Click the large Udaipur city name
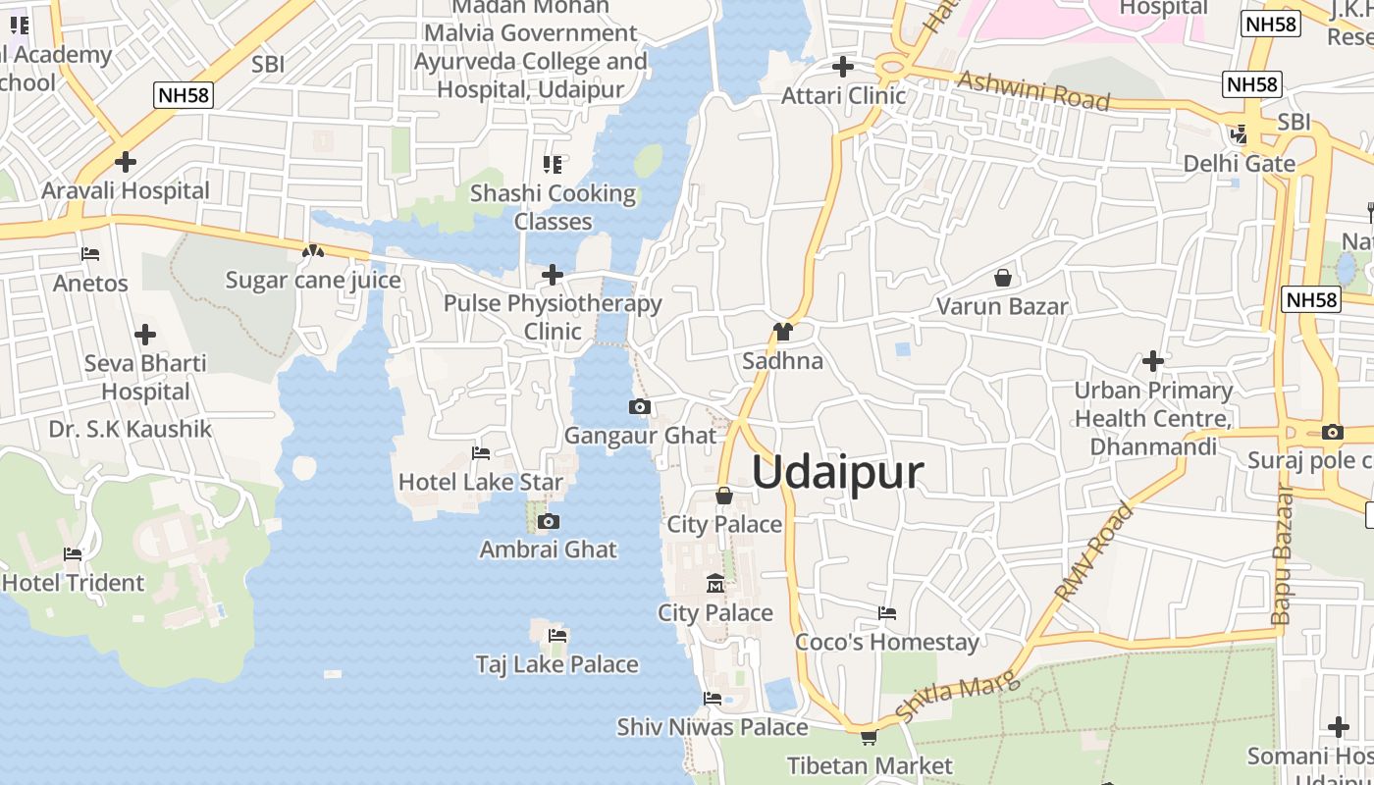[x=838, y=473]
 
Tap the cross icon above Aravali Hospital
[x=125, y=162]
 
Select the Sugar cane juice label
[x=313, y=281]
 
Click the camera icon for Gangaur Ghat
[x=640, y=406]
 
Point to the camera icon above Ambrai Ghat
[x=549, y=521]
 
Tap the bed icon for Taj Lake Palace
[x=557, y=636]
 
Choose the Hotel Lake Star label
[x=480, y=482]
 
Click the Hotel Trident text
[x=74, y=583]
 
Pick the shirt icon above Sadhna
[x=782, y=332]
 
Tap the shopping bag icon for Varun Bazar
[x=1002, y=278]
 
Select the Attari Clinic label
[x=843, y=96]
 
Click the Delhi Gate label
[x=1239, y=163]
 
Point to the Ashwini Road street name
[x=1033, y=91]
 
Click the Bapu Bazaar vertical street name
[x=1282, y=554]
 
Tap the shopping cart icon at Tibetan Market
[x=869, y=736]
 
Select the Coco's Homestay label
[x=886, y=643]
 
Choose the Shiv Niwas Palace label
[x=712, y=727]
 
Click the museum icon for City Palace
[x=714, y=584]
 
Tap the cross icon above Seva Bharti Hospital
[x=145, y=335]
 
